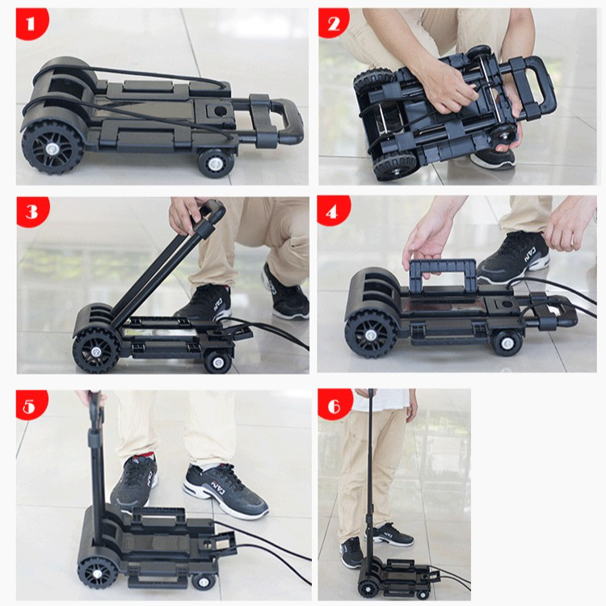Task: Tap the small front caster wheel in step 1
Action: tap(217, 161)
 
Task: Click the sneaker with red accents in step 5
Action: tap(134, 484)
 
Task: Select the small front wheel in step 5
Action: tap(202, 580)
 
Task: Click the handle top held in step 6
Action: tap(371, 394)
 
